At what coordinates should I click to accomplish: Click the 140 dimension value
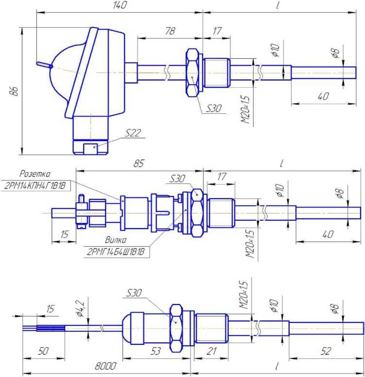pos(120,5)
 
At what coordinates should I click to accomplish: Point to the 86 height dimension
pos(15,91)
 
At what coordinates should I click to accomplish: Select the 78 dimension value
pos(170,31)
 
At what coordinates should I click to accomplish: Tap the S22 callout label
pos(133,133)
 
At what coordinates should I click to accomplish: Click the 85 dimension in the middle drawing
pos(139,163)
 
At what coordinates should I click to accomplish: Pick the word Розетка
pos(35,174)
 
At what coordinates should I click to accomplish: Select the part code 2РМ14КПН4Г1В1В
pos(35,185)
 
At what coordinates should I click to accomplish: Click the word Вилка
pos(116,240)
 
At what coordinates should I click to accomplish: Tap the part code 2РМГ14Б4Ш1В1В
pos(116,251)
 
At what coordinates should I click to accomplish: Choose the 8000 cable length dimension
pos(105,366)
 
